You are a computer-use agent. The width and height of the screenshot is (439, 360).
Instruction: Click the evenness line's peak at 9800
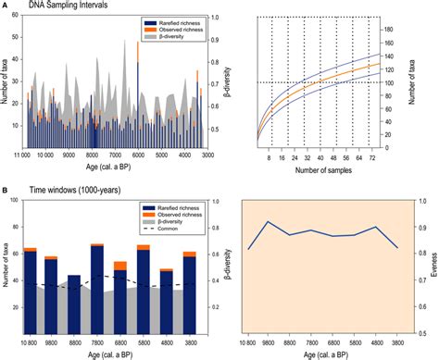tap(268, 222)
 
